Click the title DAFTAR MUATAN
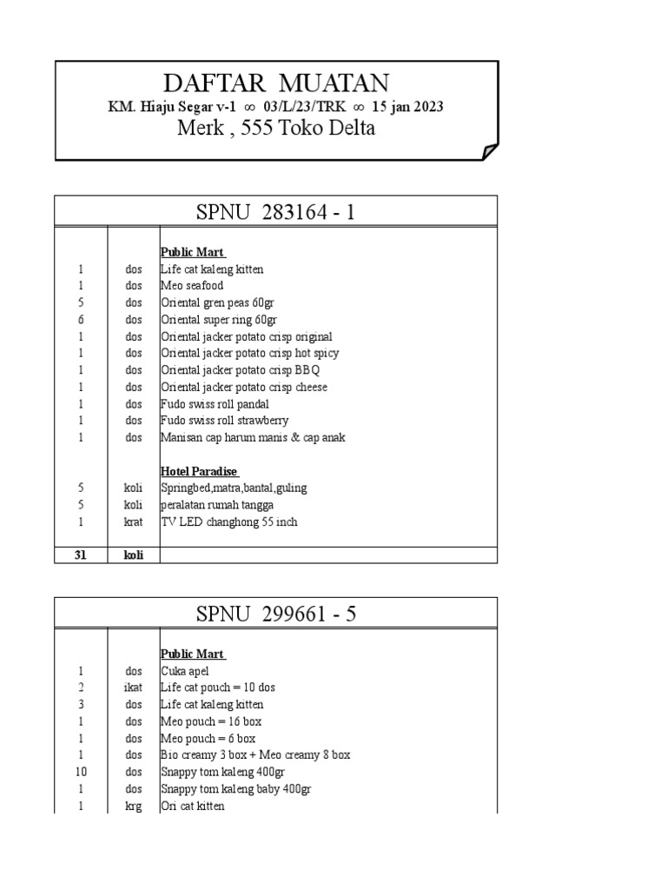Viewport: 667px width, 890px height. (x=276, y=83)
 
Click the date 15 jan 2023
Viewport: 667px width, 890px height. (x=407, y=107)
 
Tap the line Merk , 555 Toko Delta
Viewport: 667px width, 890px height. (x=276, y=129)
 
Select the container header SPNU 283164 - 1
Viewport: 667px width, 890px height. (x=276, y=211)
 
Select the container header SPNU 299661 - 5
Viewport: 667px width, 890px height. (x=276, y=614)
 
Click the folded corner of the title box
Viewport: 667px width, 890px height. (x=490, y=152)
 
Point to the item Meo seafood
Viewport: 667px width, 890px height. (x=192, y=286)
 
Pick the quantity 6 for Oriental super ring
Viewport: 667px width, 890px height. (x=80, y=320)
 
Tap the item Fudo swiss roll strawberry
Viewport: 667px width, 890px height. (x=225, y=421)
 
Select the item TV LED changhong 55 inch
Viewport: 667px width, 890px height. (x=228, y=521)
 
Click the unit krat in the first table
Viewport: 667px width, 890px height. (x=133, y=521)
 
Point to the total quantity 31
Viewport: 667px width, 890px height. (x=80, y=555)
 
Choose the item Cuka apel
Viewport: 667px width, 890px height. (x=185, y=671)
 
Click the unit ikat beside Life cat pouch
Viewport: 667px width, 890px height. (x=133, y=687)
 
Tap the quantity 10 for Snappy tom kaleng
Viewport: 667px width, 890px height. (x=80, y=772)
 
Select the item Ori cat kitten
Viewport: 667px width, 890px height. (x=192, y=806)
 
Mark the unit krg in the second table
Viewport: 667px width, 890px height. (x=133, y=806)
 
